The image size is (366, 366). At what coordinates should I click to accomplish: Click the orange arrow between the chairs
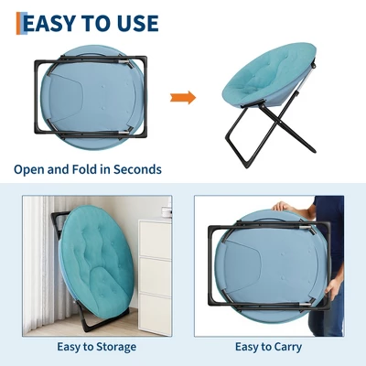(183, 98)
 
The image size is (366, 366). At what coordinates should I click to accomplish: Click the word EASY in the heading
(49, 23)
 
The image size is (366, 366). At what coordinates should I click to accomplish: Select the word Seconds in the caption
(137, 169)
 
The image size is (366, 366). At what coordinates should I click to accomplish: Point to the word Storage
(116, 347)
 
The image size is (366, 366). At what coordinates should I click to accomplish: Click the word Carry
(288, 347)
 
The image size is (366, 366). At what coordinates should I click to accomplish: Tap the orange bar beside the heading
(19, 23)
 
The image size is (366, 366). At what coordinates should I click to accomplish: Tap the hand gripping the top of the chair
(283, 207)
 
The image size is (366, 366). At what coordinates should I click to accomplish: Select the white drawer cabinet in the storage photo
(155, 276)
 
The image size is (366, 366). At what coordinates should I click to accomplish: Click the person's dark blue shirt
(328, 231)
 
